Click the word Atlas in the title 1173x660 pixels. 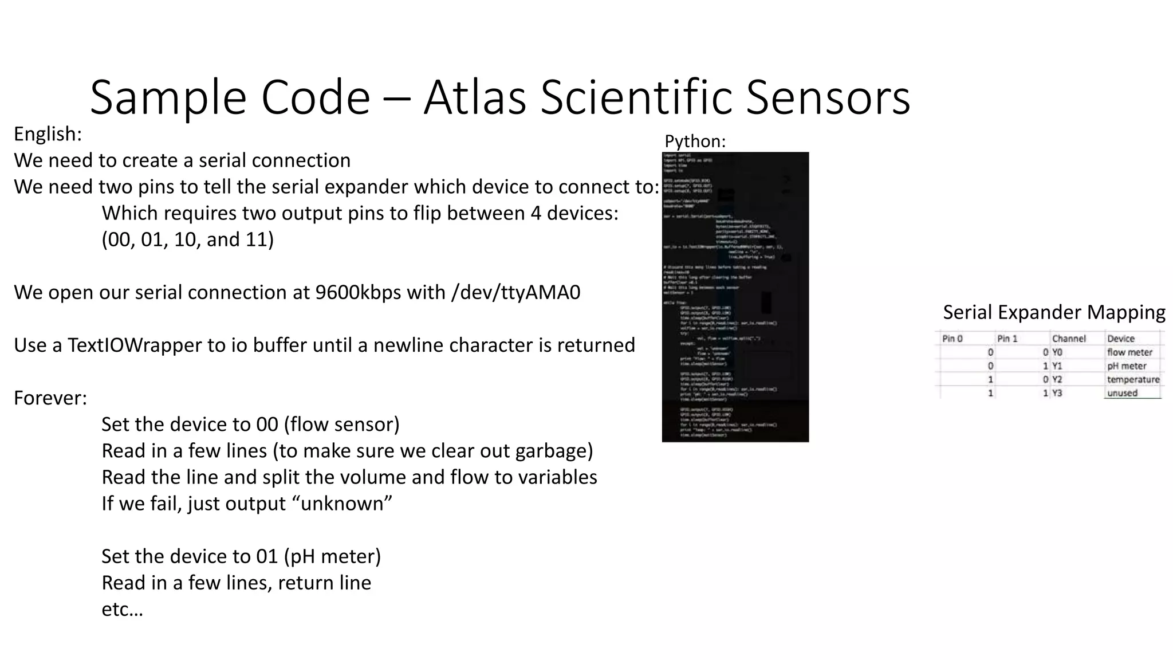pyautogui.click(x=474, y=97)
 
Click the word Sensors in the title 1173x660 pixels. pyautogui.click(x=828, y=97)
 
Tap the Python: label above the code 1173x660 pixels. pyautogui.click(x=695, y=141)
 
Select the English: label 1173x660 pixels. pyautogui.click(x=48, y=134)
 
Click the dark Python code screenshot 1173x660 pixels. pyautogui.click(x=735, y=297)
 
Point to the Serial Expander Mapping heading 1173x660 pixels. pyautogui.click(x=1054, y=312)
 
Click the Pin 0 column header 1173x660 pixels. pyautogui.click(x=952, y=339)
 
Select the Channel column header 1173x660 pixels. pyautogui.click(x=1069, y=339)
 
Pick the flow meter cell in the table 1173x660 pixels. pyautogui.click(x=1129, y=352)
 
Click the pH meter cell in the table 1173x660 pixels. pyautogui.click(x=1127, y=366)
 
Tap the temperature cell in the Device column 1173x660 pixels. pyautogui.click(x=1133, y=379)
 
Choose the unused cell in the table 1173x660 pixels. pyautogui.click(x=1122, y=393)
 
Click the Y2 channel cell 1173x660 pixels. pyautogui.click(x=1057, y=379)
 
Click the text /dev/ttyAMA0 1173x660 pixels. pyautogui.click(x=515, y=293)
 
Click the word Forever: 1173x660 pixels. pyautogui.click(x=50, y=398)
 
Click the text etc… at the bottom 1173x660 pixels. pyautogui.click(x=122, y=609)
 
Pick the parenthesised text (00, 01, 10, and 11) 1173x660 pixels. pyautogui.click(x=188, y=239)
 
